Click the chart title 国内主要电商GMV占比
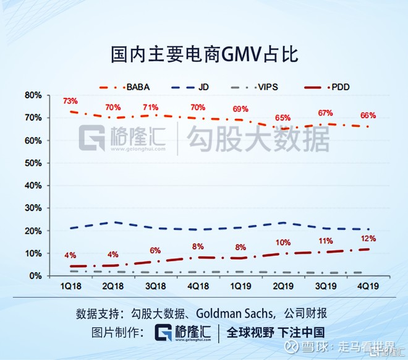[x=203, y=54]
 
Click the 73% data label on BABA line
[x=70, y=101]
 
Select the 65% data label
[x=283, y=118]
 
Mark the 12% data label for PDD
[x=368, y=238]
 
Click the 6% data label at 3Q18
[x=155, y=251]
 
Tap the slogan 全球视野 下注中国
[x=276, y=332]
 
